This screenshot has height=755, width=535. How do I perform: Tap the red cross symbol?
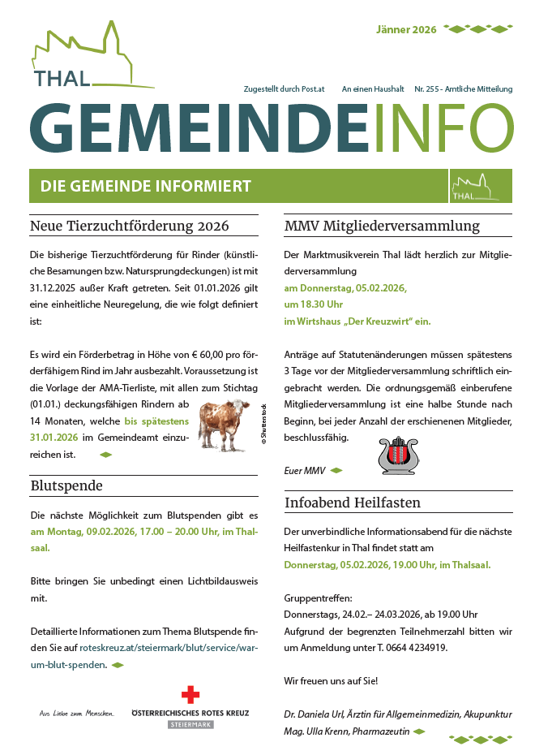190,695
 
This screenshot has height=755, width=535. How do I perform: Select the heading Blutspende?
66,486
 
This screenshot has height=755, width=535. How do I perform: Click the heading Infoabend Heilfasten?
353,503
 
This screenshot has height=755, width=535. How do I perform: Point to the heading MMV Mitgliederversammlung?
382,226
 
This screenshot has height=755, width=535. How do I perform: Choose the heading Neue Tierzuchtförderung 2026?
130,226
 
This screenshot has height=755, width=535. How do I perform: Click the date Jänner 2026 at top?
406,30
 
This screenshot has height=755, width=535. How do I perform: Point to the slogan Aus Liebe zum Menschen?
77,714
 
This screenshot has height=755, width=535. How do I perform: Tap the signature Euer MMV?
305,470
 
